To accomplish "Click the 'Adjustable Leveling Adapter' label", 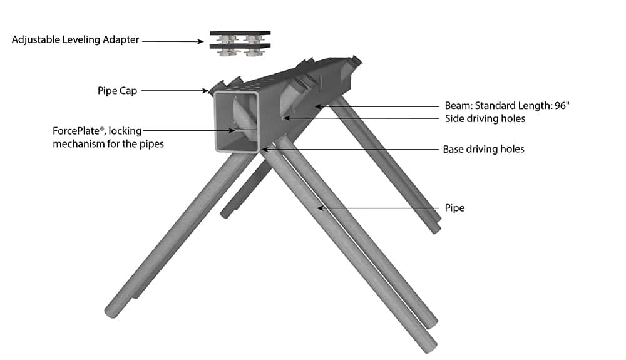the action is point(76,40).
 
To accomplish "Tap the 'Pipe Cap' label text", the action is point(118,91).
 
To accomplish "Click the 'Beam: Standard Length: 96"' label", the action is point(507,105).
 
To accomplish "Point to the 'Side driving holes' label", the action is point(485,118).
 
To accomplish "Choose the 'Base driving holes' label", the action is point(483,149).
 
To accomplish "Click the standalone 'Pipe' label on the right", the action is point(454,208).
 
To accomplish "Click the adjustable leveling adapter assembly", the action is point(240,43).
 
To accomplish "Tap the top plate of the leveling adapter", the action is point(240,33).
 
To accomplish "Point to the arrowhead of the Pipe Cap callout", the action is point(205,91).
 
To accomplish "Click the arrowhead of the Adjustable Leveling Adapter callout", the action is point(201,41).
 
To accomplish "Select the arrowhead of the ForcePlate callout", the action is point(232,130).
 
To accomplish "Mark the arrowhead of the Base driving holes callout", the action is point(265,149).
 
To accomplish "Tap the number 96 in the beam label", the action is point(560,105).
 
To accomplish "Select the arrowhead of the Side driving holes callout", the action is point(287,118).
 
